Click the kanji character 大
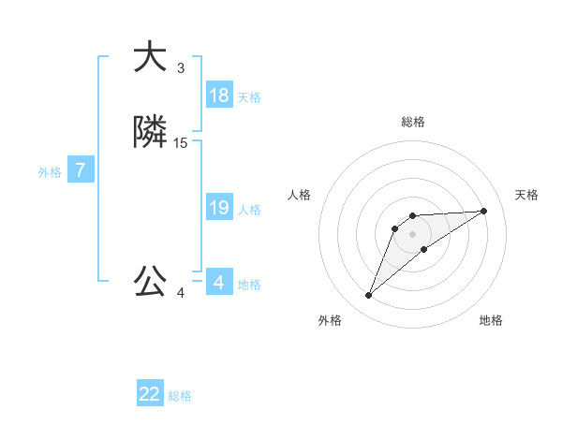pos(149,58)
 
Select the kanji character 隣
pos(150,133)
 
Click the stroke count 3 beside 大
pos(181,68)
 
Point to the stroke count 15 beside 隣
pos(181,143)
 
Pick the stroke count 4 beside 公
pos(181,293)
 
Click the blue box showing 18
pos(219,95)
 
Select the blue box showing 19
pos(219,208)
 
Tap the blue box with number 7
pos(81,170)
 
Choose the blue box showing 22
pos(150,394)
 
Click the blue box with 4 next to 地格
pos(219,283)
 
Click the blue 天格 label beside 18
pos(249,97)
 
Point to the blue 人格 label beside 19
pos(249,210)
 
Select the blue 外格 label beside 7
pos(50,172)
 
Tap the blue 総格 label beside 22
pos(180,396)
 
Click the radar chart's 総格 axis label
pos(413,122)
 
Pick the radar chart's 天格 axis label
pos(527,195)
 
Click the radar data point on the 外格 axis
pos(369,296)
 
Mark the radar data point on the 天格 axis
pos(484,211)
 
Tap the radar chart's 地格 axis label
pos(491,321)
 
